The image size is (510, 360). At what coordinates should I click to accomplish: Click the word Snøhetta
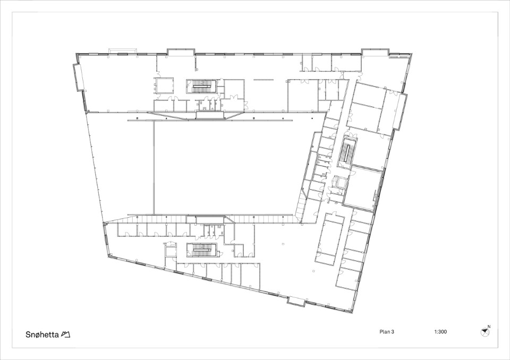coord(42,335)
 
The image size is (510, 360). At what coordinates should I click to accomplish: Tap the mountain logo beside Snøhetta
coord(66,335)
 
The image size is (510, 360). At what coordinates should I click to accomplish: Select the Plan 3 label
coord(387,332)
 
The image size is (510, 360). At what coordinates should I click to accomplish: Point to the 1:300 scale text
coord(440,332)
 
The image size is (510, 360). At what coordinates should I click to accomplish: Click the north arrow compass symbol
coord(484,332)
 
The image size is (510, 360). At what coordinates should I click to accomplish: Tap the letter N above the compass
coord(489,327)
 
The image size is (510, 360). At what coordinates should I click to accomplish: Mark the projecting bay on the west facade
coord(78,77)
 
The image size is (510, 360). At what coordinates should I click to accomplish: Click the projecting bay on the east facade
coord(400,111)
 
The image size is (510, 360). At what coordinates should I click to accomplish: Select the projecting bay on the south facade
coord(296,301)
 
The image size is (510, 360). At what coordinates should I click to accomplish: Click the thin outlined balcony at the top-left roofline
coord(123,51)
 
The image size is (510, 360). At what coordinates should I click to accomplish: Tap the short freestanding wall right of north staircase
coord(264,79)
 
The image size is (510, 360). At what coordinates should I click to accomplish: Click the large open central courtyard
coord(224,167)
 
